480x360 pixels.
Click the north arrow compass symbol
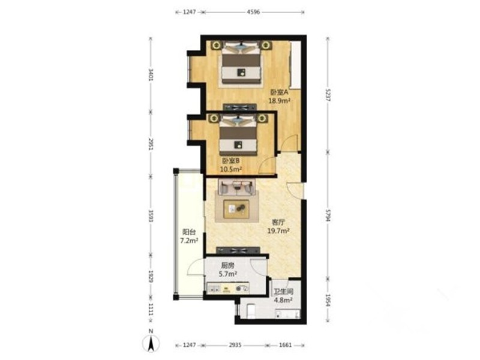pos(151,343)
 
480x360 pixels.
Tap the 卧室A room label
pos(280,92)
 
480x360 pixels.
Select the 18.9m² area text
pos(279,101)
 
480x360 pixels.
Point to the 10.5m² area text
pos(231,169)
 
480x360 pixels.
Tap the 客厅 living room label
pos(278,222)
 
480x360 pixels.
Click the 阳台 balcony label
pos(189,232)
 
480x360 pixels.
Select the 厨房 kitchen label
pos(227,265)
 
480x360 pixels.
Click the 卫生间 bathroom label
pos(283,292)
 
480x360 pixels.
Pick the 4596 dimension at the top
pos(253,12)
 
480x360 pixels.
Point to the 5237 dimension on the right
pos(328,95)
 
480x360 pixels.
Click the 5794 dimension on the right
pos(328,216)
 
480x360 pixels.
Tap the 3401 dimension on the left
pos(151,74)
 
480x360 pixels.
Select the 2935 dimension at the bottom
pos(235,345)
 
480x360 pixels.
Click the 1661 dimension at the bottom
pos(286,345)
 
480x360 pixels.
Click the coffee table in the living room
pos(236,209)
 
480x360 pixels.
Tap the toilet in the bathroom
pos(251,311)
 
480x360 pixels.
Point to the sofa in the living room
pos(236,187)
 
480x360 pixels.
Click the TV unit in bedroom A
pos(239,107)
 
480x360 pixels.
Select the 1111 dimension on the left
pos(151,310)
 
